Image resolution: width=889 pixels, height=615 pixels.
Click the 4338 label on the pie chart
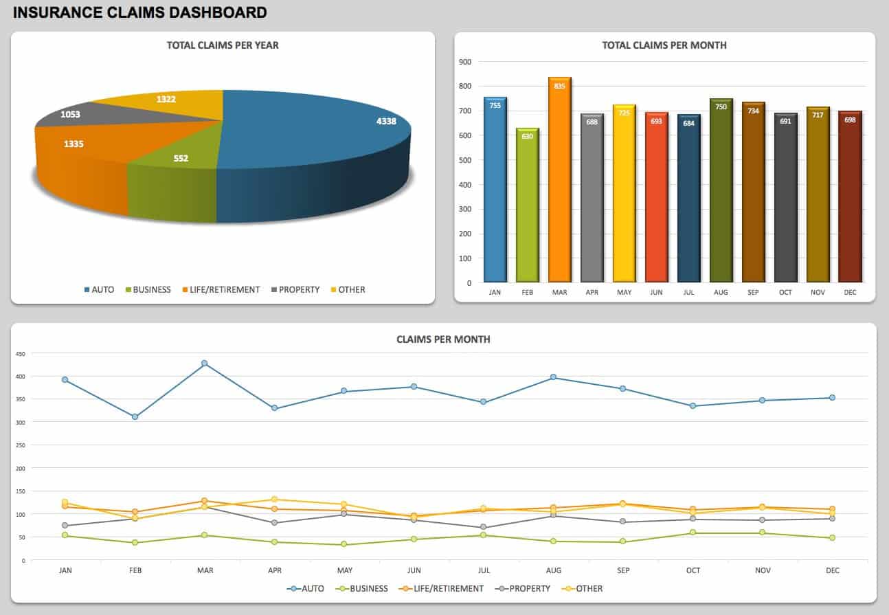click(386, 121)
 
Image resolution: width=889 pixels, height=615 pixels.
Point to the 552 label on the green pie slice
click(181, 158)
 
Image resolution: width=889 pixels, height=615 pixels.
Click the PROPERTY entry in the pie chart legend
click(299, 290)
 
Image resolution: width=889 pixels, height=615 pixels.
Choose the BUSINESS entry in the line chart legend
click(368, 589)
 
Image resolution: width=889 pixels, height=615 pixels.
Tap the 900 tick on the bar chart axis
click(465, 62)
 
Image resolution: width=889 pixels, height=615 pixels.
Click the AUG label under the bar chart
click(721, 292)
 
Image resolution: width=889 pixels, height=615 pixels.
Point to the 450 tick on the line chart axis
click(20, 354)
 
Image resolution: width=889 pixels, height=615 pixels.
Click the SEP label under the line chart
click(623, 570)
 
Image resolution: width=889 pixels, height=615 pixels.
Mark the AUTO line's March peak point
click(204, 364)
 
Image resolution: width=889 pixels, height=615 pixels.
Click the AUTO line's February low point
click(135, 416)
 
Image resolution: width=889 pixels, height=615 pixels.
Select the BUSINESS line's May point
click(344, 545)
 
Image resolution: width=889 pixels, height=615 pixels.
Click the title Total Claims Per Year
click(223, 45)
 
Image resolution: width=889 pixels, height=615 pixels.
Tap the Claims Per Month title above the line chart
click(443, 339)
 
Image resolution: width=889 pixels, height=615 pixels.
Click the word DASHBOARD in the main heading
click(220, 12)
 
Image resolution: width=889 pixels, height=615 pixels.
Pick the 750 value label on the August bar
click(721, 107)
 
